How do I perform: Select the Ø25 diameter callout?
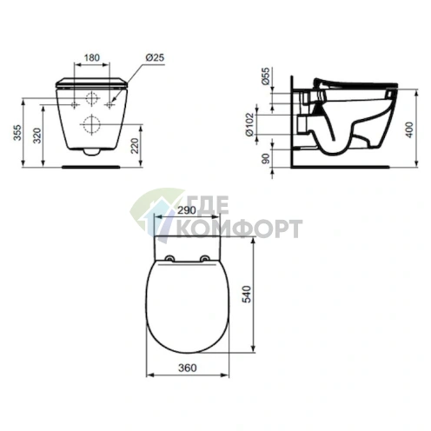pos(156,57)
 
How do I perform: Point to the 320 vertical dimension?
pos(36,136)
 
